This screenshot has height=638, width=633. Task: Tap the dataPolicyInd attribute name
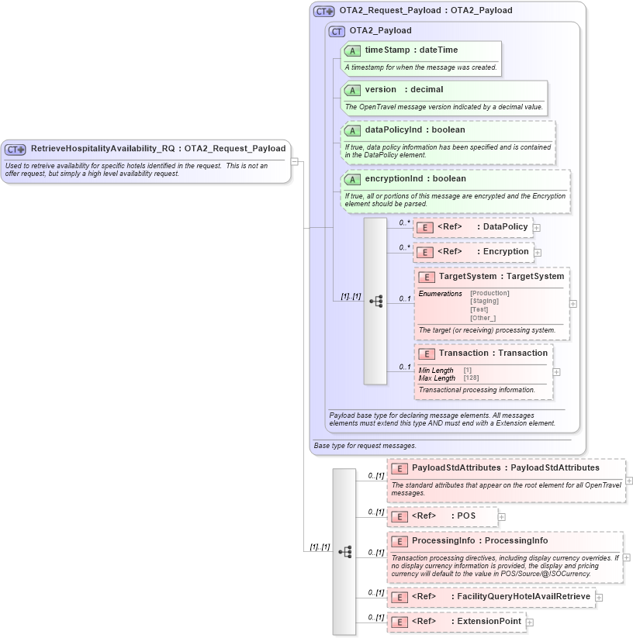tap(393, 129)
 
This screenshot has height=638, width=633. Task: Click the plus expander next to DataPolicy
tap(537, 229)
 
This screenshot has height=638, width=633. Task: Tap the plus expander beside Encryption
tap(538, 253)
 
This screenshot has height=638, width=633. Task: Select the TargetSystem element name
tap(467, 276)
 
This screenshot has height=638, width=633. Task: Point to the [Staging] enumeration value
tap(485, 301)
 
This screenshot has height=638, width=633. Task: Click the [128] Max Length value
tap(471, 378)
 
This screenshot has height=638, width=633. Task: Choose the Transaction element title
tap(463, 353)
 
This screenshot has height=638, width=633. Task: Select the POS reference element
tap(465, 516)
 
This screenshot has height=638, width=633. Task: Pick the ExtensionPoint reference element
tap(489, 621)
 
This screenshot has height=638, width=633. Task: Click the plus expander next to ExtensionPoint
tap(530, 622)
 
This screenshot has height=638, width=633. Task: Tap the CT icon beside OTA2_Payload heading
tap(337, 31)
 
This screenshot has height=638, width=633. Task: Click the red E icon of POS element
tap(399, 516)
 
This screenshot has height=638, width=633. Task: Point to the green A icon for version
tap(352, 91)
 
